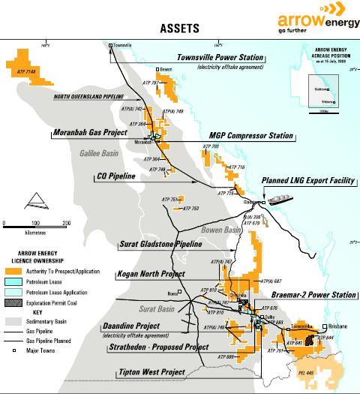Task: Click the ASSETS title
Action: coord(180,28)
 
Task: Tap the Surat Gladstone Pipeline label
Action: coord(161,244)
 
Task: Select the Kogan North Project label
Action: coord(151,274)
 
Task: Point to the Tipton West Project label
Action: coord(151,372)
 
